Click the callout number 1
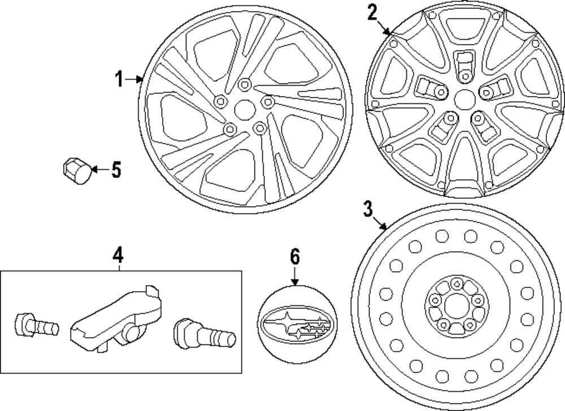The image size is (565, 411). pyautogui.click(x=119, y=80)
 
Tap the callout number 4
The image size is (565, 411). pyautogui.click(x=118, y=256)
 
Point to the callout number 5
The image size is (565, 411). pyautogui.click(x=116, y=169)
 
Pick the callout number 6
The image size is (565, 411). pyautogui.click(x=294, y=257)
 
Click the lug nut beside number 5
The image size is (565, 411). pyautogui.click(x=77, y=169)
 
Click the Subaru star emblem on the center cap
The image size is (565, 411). pyautogui.click(x=295, y=326)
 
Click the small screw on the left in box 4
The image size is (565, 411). pyautogui.click(x=36, y=325)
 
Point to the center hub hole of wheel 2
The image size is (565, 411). pyautogui.click(x=464, y=98)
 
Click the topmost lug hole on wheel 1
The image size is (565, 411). pyautogui.click(x=244, y=85)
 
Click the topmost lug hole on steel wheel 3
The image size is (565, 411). pyautogui.click(x=455, y=283)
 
